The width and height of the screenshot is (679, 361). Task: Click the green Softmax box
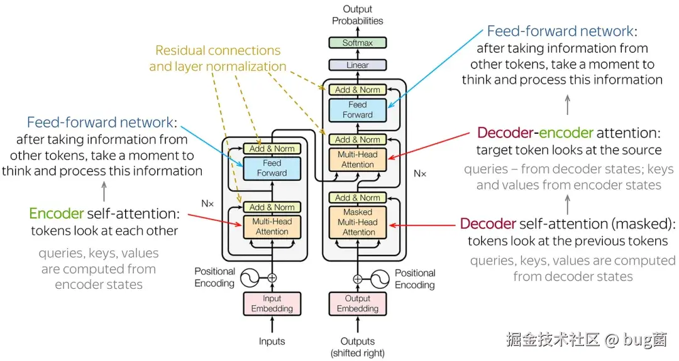(x=357, y=43)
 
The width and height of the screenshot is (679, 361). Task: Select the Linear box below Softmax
(x=357, y=65)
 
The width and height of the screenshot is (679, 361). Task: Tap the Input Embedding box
(x=272, y=304)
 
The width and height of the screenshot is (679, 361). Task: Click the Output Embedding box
(x=357, y=304)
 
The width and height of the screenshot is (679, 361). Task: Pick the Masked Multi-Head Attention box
(x=357, y=222)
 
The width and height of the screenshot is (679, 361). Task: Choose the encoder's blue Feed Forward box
(x=272, y=168)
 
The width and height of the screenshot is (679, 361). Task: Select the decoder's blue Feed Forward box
(x=357, y=110)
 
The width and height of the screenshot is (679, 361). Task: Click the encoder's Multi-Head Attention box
(x=272, y=227)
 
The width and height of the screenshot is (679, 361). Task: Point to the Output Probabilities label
(x=357, y=15)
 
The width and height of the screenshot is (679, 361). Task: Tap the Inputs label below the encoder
(x=272, y=342)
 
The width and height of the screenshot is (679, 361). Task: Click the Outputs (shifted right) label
(x=357, y=347)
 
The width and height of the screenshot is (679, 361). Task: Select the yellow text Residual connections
(x=218, y=50)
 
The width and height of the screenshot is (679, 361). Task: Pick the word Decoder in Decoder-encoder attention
(x=507, y=133)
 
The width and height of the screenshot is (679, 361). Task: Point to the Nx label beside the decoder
(x=419, y=173)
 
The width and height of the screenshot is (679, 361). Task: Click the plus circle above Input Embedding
(x=272, y=277)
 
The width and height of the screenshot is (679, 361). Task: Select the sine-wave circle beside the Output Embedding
(x=381, y=278)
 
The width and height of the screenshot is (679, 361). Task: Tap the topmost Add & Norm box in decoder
(x=357, y=90)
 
